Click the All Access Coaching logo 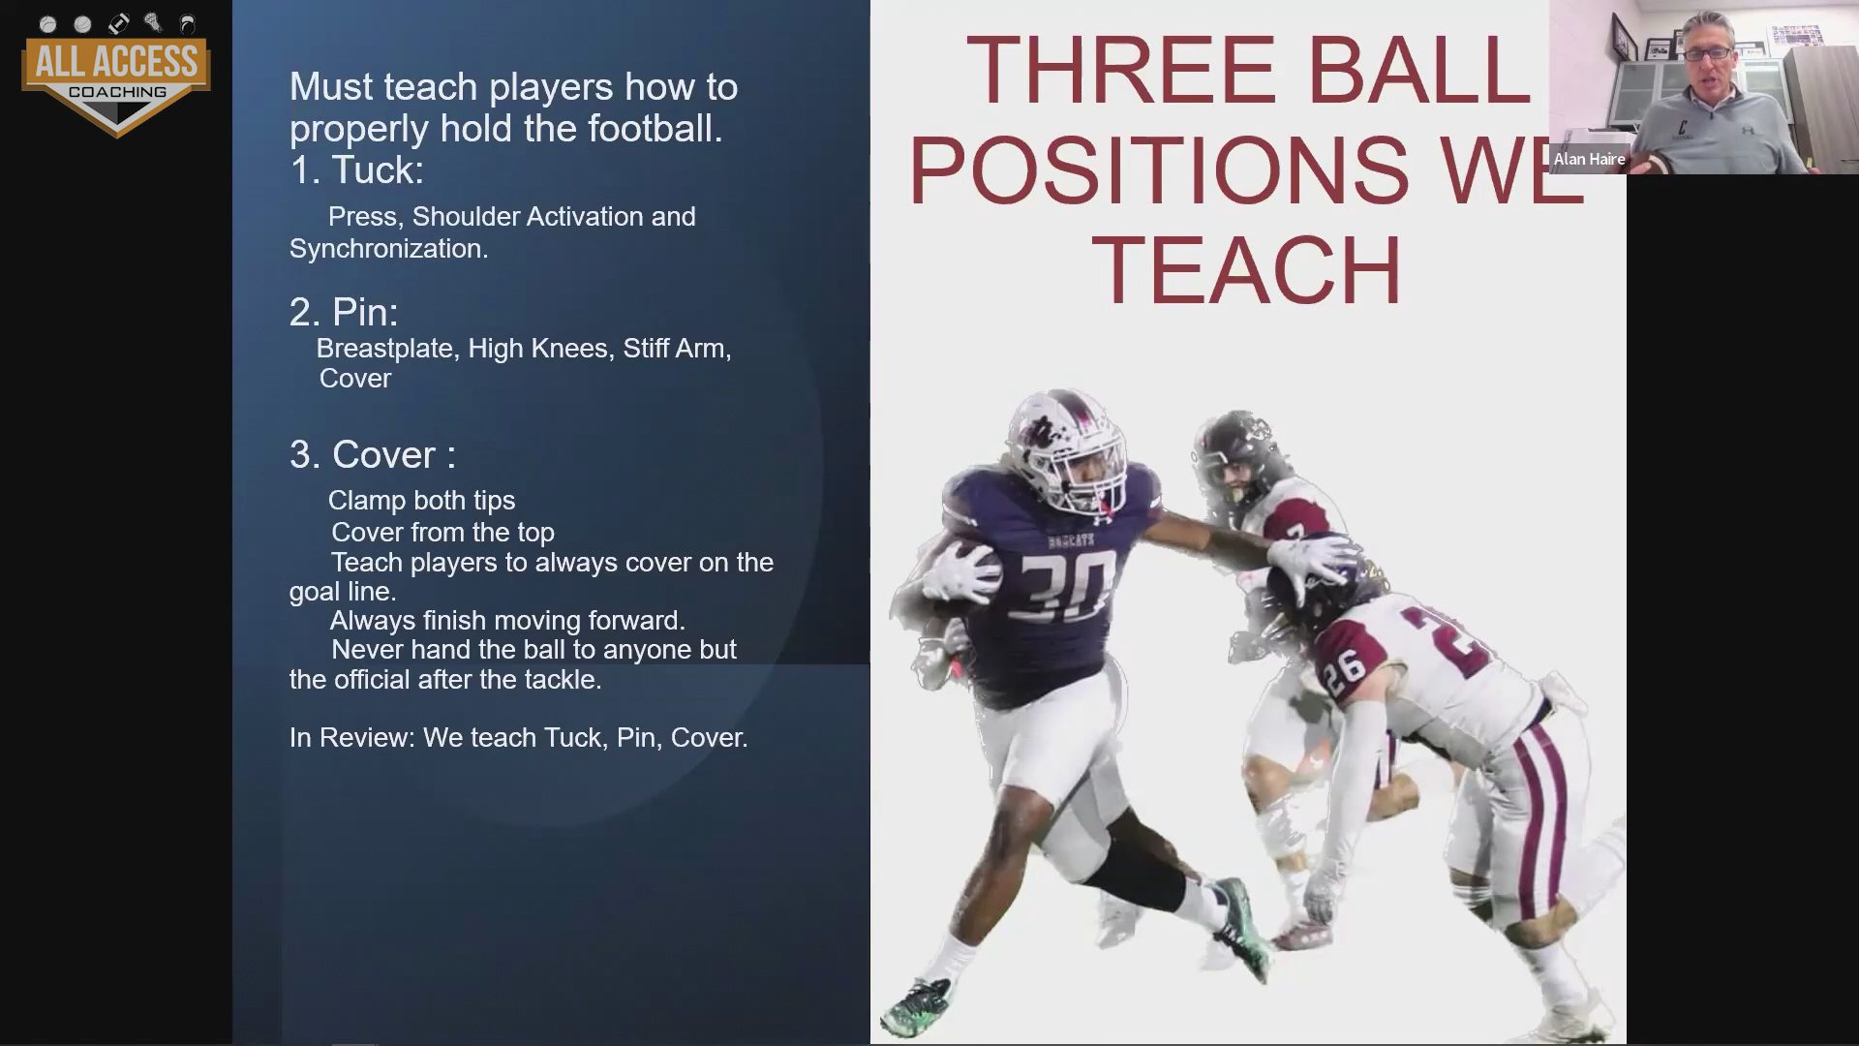coord(116,75)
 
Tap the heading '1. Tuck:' coord(356,170)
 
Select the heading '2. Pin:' coord(344,312)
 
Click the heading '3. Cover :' coord(373,454)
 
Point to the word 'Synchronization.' coord(388,249)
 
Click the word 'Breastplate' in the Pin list coord(385,349)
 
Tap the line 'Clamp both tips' coord(421,501)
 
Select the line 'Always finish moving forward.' coord(507,621)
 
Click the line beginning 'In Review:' coord(518,738)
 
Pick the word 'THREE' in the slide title coord(1121,71)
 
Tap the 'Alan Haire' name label coord(1589,160)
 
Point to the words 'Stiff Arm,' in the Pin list coord(677,349)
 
